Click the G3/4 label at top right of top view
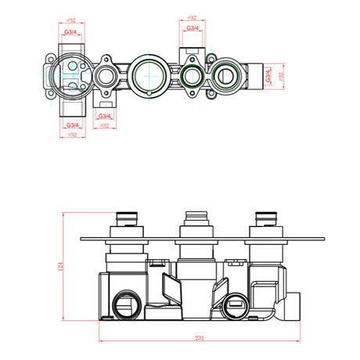192,29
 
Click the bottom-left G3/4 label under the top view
73,125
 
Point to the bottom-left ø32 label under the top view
73,136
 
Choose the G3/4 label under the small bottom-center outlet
104,116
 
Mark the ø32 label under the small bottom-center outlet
104,126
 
